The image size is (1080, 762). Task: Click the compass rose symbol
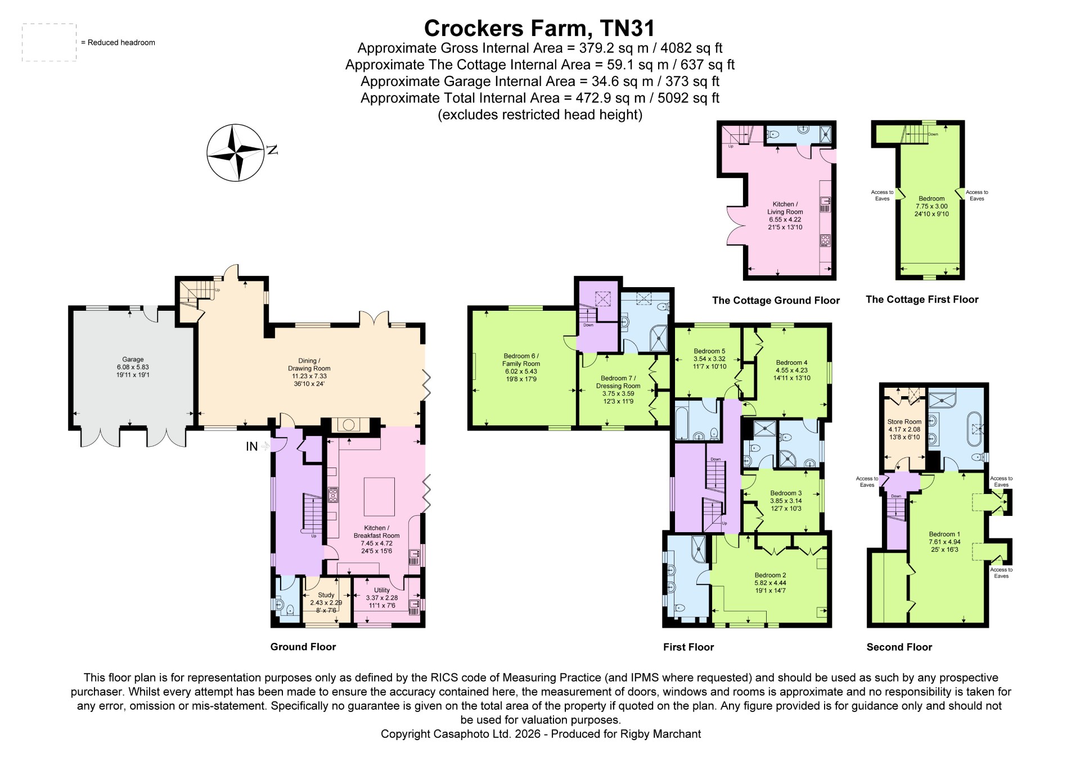(x=235, y=152)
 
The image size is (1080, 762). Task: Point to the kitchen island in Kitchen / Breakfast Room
(x=379, y=497)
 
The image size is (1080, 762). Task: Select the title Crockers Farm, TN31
(x=539, y=28)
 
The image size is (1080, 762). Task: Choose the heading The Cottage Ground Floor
(x=776, y=300)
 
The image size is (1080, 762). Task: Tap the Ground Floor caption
(x=303, y=647)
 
